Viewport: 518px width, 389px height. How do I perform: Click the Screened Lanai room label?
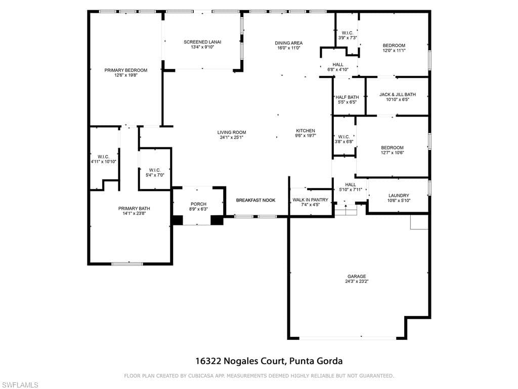(x=202, y=42)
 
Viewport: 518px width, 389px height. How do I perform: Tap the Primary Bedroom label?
(x=126, y=70)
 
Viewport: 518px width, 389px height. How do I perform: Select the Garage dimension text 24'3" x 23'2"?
(x=357, y=281)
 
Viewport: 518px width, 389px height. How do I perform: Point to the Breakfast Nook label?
(x=255, y=200)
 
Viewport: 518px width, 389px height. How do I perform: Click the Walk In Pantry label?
(x=310, y=200)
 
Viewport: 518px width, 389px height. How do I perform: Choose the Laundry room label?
(x=399, y=196)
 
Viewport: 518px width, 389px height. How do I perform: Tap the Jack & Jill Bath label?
(x=397, y=94)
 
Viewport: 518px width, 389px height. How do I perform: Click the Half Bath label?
(x=347, y=97)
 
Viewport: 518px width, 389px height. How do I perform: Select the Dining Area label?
(x=288, y=43)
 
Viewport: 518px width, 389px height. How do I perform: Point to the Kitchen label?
(x=306, y=131)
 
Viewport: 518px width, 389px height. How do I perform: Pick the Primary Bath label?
(x=134, y=208)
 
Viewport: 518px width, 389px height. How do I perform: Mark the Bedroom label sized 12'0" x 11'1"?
(x=394, y=45)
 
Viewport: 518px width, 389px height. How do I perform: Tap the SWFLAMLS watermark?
(x=20, y=385)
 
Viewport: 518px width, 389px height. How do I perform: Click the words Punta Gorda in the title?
(x=316, y=361)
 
